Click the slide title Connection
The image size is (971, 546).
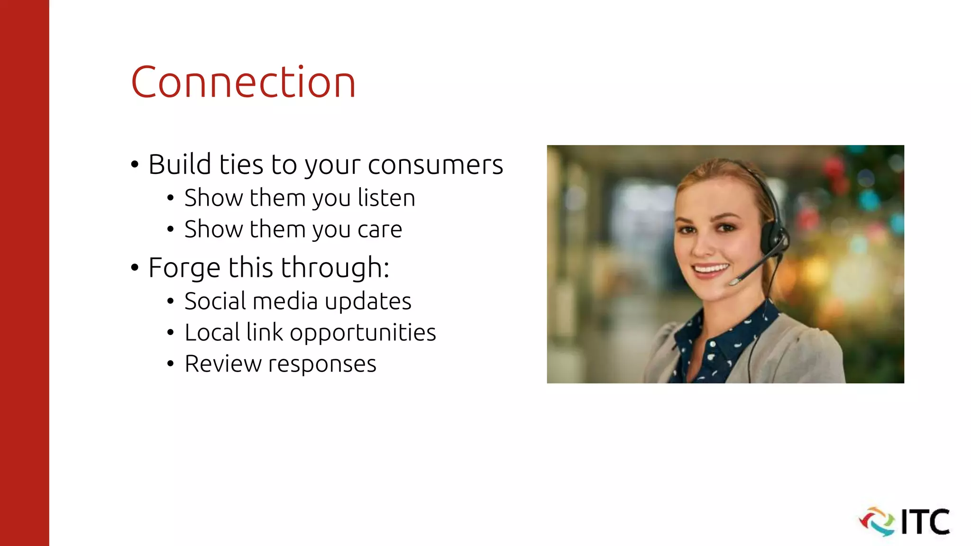point(243,82)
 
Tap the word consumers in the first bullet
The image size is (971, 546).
point(435,165)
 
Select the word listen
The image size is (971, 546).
point(386,198)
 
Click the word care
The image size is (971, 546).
point(379,230)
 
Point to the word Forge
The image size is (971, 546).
point(184,268)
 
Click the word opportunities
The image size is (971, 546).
point(363,333)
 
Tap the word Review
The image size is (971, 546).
point(223,364)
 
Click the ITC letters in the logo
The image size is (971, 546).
point(925,522)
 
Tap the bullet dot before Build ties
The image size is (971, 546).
point(135,165)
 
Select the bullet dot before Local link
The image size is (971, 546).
point(170,333)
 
